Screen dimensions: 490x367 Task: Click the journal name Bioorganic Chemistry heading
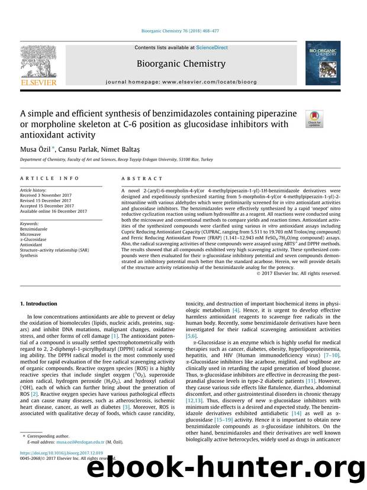coord(181,63)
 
